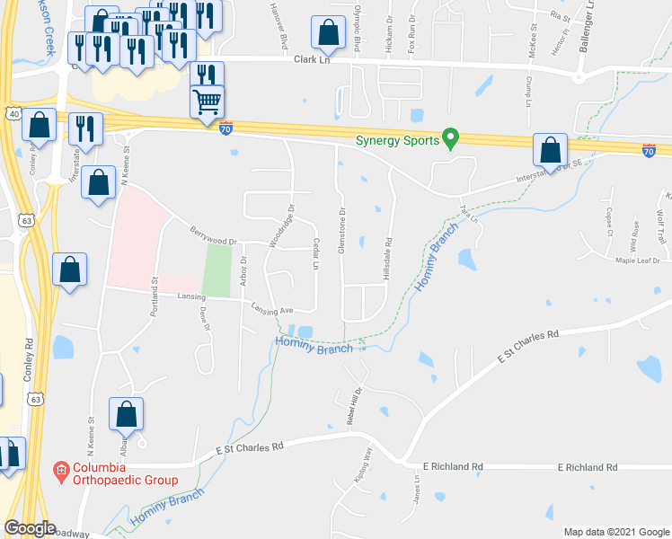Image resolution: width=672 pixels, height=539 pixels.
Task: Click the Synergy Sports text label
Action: coord(396,140)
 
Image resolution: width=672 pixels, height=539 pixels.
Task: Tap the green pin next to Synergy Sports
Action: coord(452,139)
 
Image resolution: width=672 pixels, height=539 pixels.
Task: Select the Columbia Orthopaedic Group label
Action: coord(125,473)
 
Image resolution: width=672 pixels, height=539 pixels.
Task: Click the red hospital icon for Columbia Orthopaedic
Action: coord(61,469)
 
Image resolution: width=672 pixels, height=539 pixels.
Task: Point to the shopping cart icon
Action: coord(208,101)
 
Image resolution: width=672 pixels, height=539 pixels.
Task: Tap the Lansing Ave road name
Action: coord(273,310)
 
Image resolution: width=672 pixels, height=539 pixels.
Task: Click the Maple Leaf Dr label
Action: coord(637,261)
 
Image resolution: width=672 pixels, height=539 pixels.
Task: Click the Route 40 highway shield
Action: coord(12,114)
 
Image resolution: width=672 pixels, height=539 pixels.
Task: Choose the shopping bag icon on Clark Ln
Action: coord(328,33)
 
